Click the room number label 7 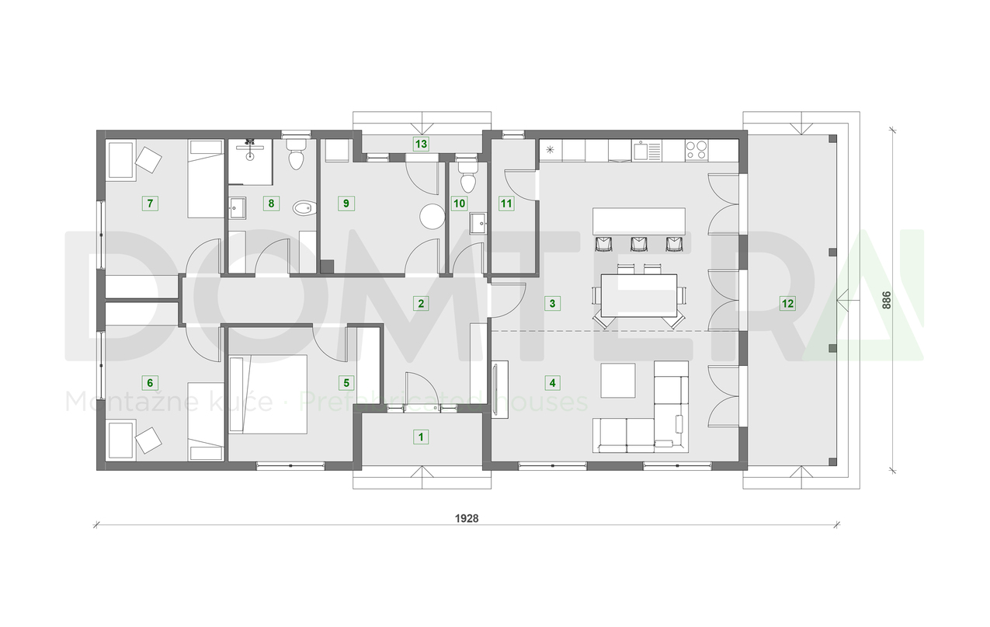pos(151,204)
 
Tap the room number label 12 pos(787,303)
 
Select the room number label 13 pos(421,144)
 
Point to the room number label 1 pos(421,437)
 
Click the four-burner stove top pos(696,149)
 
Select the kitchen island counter pos(639,221)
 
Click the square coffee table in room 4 pos(618,380)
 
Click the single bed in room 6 pos(206,420)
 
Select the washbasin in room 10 pos(477,224)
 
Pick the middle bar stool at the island pos(639,244)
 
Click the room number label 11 pos(506,204)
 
